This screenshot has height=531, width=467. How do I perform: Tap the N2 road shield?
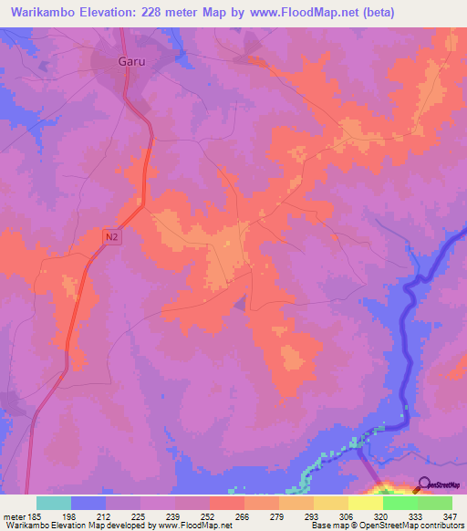pyautogui.click(x=111, y=236)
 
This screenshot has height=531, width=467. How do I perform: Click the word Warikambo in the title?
pyautogui.click(x=43, y=14)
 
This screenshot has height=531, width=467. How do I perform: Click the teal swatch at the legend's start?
pyautogui.click(x=53, y=503)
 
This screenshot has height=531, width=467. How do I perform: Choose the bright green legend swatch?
pyautogui.click(x=400, y=503)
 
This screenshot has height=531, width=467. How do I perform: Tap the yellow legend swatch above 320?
pyautogui.click(x=365, y=503)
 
